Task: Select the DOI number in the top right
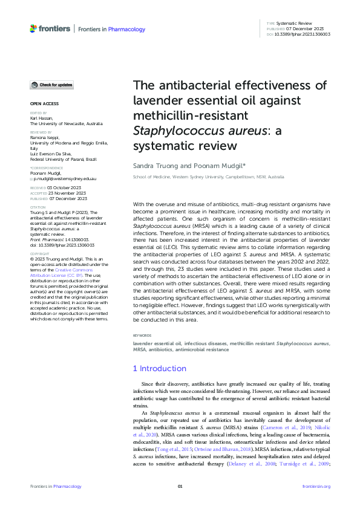[303, 34]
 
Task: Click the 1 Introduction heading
[159, 368]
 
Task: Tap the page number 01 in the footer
[180, 487]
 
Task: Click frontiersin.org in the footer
[316, 487]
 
